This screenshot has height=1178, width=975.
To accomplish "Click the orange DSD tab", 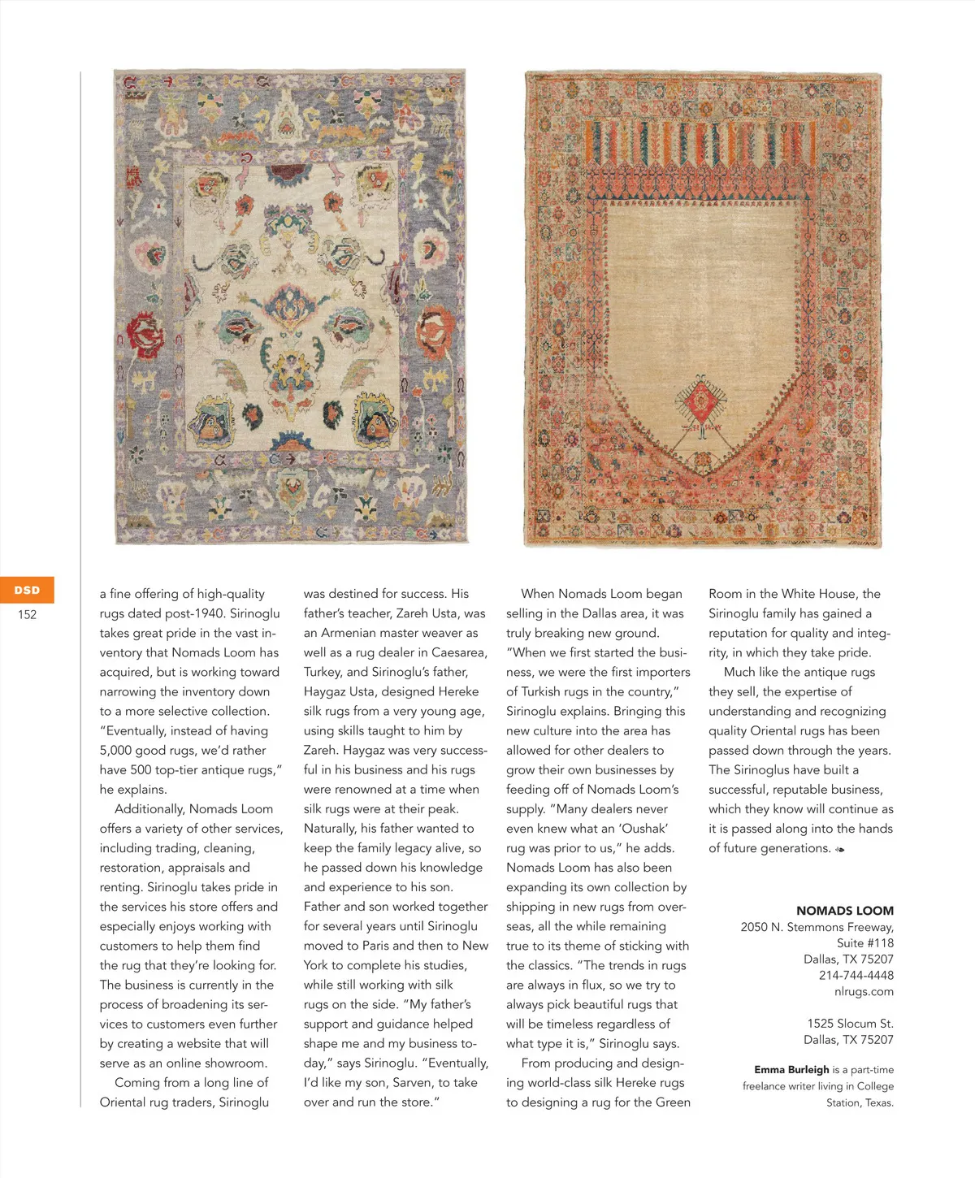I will pos(27,590).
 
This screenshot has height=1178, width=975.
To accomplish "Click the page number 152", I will pos(28,614).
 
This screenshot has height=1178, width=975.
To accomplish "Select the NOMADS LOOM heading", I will pos(844,911).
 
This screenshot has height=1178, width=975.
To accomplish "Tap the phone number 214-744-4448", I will pos(856,975).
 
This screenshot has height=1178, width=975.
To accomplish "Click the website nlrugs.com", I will pos(864,991).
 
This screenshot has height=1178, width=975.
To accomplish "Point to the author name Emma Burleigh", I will pos(791,1070).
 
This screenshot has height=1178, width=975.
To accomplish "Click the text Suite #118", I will pos(864,943).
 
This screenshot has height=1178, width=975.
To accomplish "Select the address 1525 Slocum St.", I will pos(850,1024).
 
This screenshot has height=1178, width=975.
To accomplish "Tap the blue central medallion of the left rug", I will pos(290,305).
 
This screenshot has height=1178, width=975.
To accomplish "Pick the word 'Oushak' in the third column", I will pos(643,829).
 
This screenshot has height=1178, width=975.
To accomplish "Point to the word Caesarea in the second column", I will pos(458,652).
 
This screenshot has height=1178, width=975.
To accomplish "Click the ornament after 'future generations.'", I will pos(840,849).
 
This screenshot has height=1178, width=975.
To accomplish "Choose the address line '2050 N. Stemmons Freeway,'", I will pos(817,927).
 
